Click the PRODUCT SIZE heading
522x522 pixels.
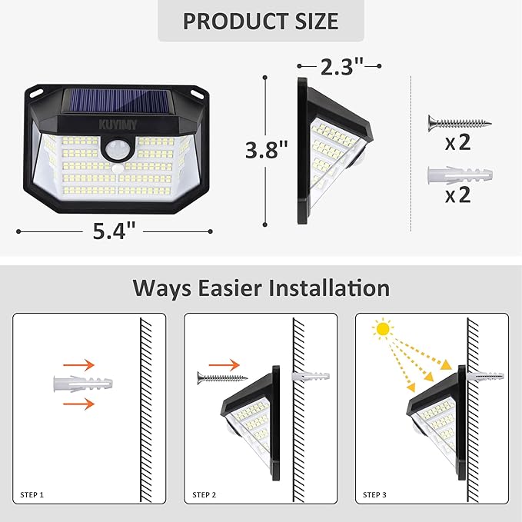pyautogui.click(x=260, y=21)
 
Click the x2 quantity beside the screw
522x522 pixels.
pyautogui.click(x=458, y=143)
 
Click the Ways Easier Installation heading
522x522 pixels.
pyautogui.click(x=261, y=288)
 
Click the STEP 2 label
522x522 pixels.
pyautogui.click(x=204, y=494)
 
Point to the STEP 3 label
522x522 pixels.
pyautogui.click(x=375, y=494)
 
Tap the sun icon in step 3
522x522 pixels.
pyautogui.click(x=382, y=329)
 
